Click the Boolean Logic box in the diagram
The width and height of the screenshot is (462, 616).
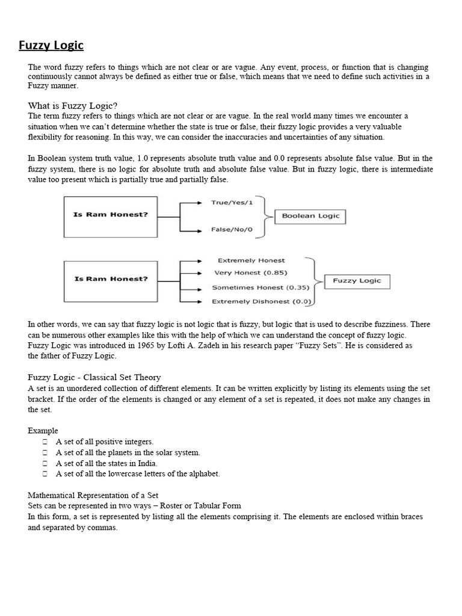310,216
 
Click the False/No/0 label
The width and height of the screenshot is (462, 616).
231,230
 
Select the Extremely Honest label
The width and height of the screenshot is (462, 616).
251,260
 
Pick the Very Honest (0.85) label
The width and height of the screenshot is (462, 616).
250,274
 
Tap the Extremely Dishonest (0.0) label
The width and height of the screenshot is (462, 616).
259,301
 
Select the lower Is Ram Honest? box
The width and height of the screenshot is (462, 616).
111,279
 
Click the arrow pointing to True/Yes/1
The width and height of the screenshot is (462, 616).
194,203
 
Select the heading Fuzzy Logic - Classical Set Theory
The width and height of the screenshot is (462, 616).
94,377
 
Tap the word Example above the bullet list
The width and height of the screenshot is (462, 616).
43,431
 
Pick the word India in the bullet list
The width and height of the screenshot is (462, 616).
147,463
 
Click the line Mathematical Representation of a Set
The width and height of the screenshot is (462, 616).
93,495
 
